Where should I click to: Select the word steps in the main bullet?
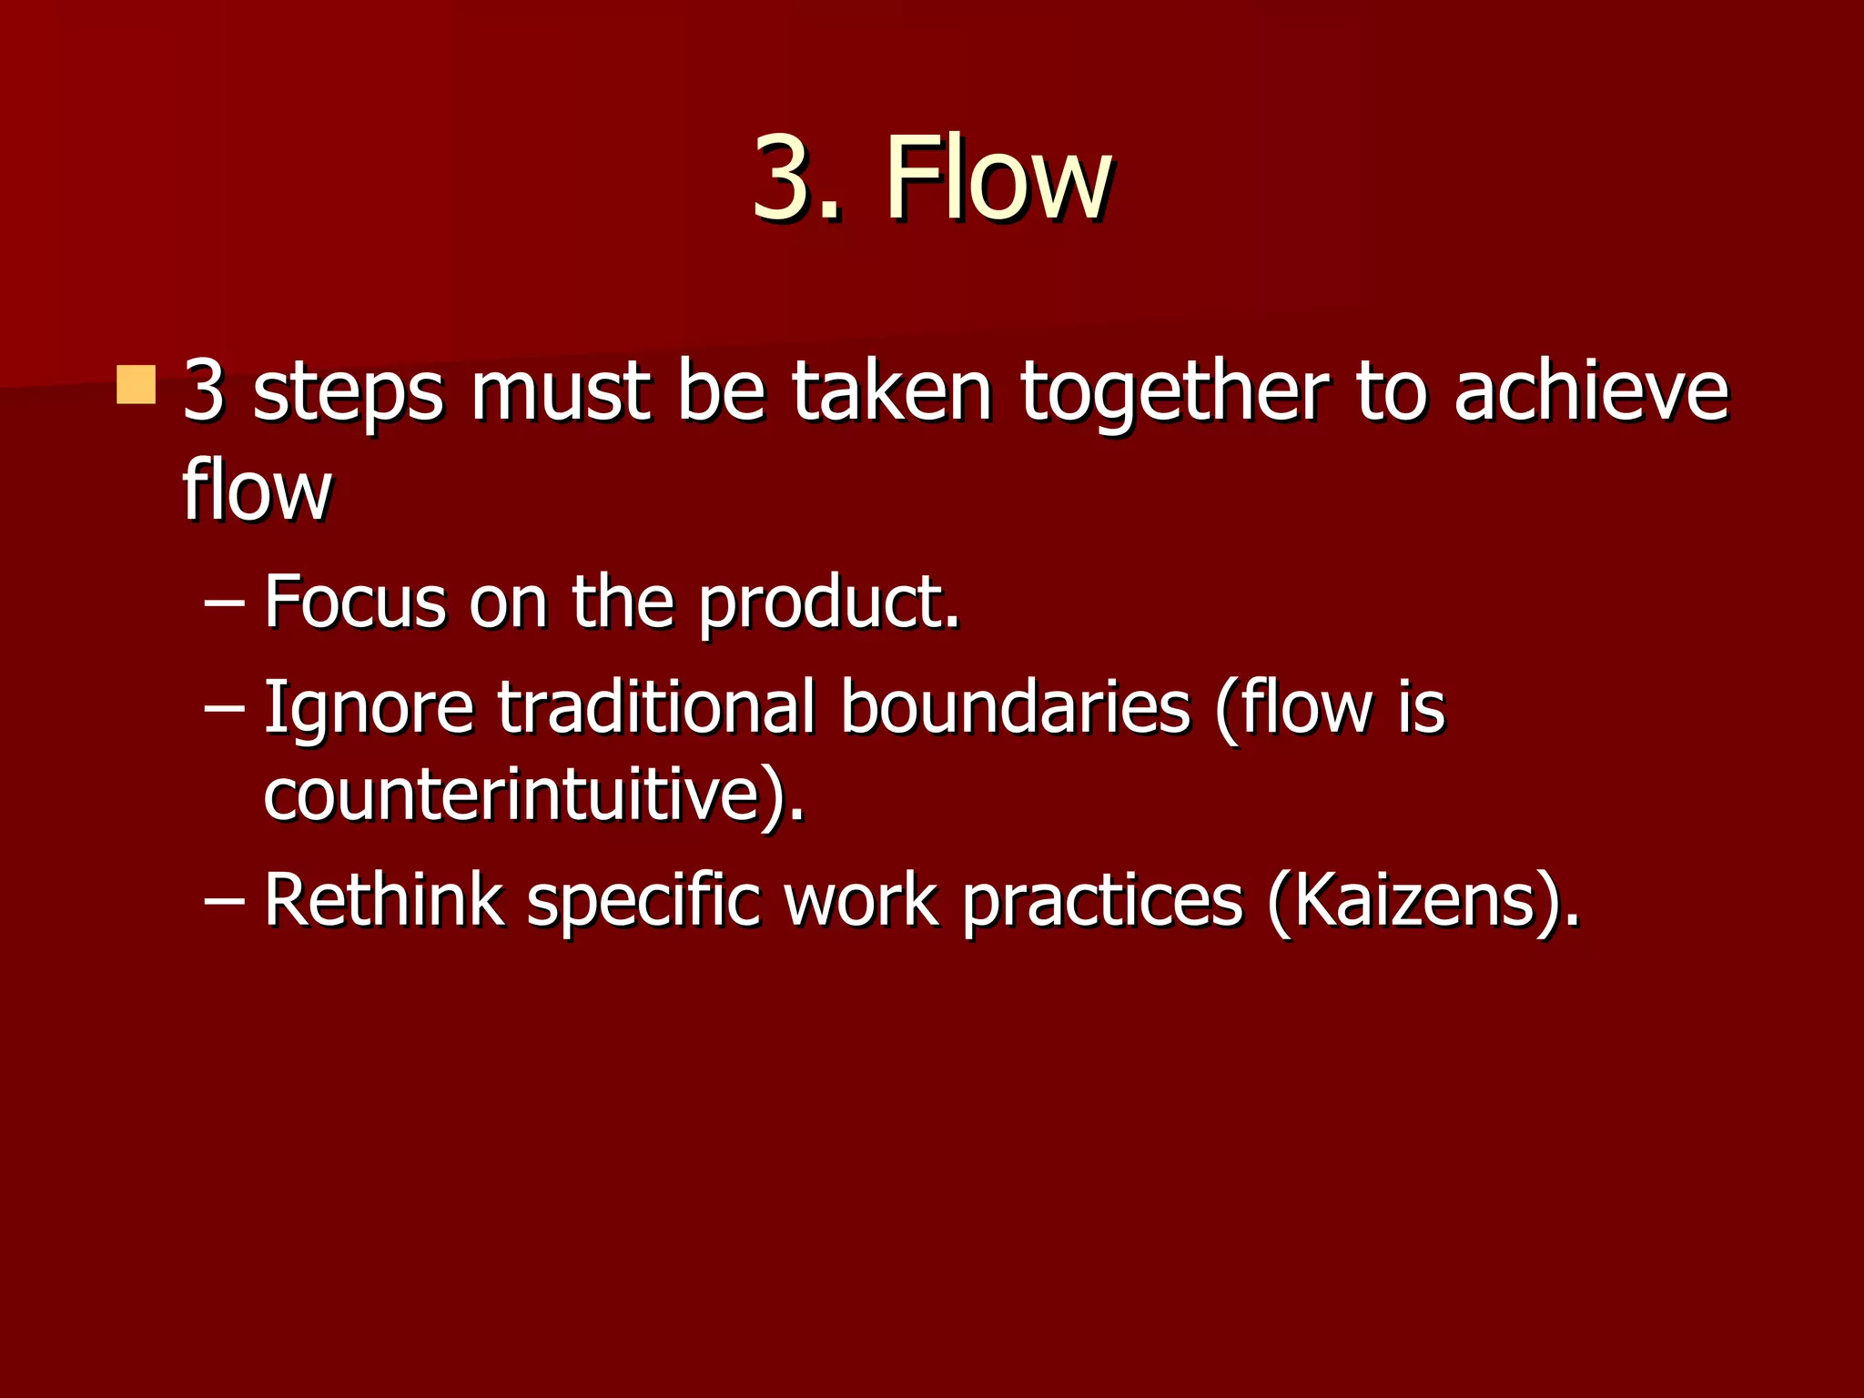pyautogui.click(x=348, y=393)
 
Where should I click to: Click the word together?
pyautogui.click(x=1175, y=393)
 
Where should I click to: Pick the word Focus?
pyautogui.click(x=354, y=603)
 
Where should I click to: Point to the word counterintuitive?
pyautogui.click(x=524, y=795)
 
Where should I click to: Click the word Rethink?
pyautogui.click(x=383, y=900)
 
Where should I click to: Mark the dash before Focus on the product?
pyautogui.click(x=225, y=604)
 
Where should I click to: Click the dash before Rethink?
pyautogui.click(x=225, y=902)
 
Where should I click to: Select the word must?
pyautogui.click(x=560, y=393)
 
